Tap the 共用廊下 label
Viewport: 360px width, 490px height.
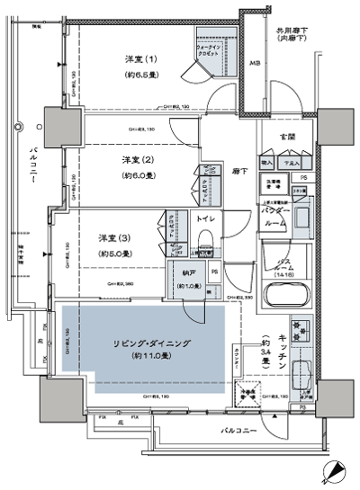tap(292, 32)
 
